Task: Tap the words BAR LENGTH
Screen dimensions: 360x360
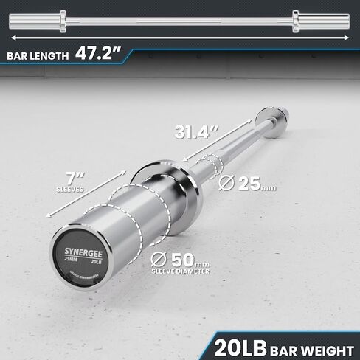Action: [x=38, y=55]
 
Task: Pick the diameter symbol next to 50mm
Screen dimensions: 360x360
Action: [x=156, y=260]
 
